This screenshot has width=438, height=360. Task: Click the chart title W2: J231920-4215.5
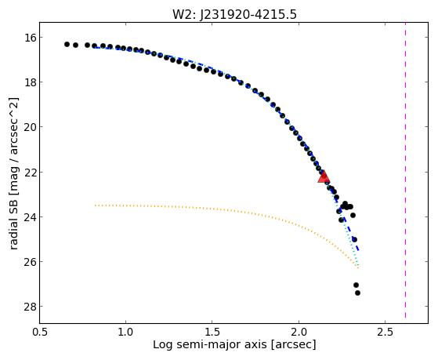click(234, 14)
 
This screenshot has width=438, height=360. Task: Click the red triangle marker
click(324, 176)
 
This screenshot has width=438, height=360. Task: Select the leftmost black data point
click(67, 44)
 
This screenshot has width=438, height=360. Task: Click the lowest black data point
click(357, 293)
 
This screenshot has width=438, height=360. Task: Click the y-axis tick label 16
click(29, 37)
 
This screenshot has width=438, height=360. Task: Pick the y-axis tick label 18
click(29, 82)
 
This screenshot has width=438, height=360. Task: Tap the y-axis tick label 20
click(29, 127)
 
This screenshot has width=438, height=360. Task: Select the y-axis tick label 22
click(29, 172)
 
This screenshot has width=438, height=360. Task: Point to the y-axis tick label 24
click(29, 216)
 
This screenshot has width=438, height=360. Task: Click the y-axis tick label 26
click(29, 261)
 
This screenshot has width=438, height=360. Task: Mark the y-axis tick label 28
click(29, 307)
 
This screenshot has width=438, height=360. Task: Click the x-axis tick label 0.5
click(39, 333)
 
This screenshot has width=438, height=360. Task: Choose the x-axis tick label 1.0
click(125, 333)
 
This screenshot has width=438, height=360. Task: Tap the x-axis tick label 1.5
click(212, 333)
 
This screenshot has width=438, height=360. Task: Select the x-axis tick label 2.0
click(299, 333)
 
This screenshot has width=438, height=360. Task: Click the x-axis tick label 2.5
click(385, 333)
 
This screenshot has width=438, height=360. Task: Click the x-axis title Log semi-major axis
click(210, 345)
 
